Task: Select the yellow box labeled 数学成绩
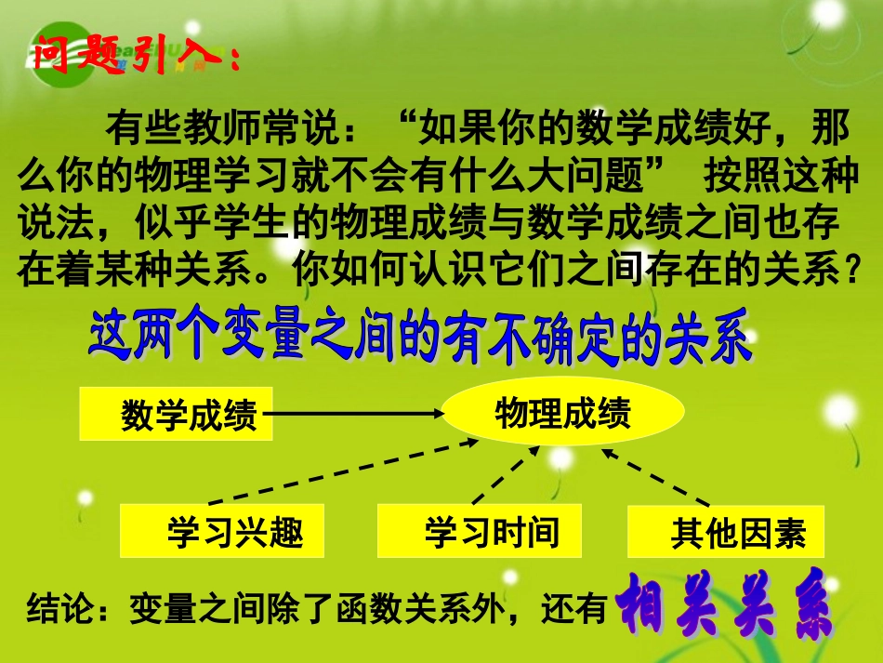tap(177, 414)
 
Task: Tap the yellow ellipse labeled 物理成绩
tap(563, 413)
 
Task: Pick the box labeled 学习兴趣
tap(222, 531)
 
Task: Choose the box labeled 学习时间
tap(480, 531)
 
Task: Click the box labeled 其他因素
tap(726, 533)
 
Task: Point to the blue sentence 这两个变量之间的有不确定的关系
tap(418, 339)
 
